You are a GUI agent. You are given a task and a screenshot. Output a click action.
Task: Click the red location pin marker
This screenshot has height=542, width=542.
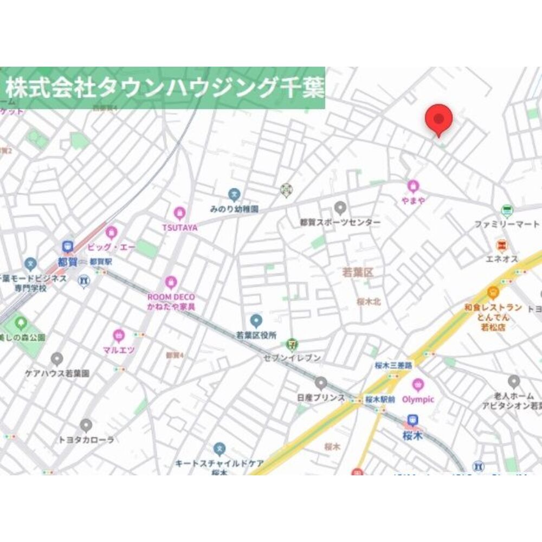tap(438, 119)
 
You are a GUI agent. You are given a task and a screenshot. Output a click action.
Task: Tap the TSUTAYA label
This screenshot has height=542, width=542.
tap(179, 228)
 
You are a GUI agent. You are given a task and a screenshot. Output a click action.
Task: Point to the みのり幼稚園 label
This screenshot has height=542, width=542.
tap(234, 209)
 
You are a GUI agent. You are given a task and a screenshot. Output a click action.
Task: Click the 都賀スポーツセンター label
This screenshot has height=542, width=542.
tap(340, 222)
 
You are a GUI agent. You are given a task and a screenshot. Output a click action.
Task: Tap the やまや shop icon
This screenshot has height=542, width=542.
tap(414, 186)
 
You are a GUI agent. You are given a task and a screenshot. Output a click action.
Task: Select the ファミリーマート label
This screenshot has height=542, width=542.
tap(507, 224)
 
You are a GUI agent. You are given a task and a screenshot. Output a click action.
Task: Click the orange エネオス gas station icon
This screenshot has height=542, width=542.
tap(502, 246)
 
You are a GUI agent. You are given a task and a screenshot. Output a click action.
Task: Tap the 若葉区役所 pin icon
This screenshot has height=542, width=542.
tap(256, 320)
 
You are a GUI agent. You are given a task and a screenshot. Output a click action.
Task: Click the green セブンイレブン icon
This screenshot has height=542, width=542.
tap(292, 344)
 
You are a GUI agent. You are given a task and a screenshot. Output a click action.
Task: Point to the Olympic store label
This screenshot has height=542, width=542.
tap(418, 399)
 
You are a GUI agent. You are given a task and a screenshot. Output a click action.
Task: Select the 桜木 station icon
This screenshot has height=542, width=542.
tap(413, 420)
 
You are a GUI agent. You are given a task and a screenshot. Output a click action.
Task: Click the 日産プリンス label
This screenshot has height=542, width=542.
tap(321, 397)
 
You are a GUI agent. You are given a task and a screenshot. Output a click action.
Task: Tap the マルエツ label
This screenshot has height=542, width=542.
tap(119, 350)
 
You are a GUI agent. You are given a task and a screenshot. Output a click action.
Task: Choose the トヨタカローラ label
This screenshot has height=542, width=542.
tap(86, 440)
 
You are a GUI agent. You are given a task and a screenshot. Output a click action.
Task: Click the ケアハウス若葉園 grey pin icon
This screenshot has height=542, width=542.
tap(57, 359)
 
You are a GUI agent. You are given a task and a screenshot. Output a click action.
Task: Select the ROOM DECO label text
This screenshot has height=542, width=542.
tap(171, 297)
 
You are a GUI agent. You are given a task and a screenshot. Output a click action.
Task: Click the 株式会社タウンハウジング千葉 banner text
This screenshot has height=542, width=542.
tap(164, 87)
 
